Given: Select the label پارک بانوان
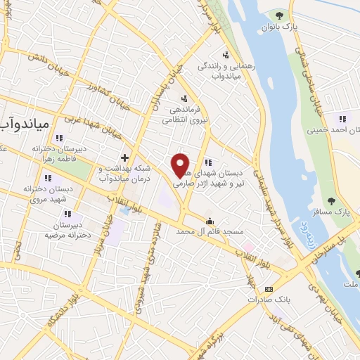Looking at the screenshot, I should click(281, 27).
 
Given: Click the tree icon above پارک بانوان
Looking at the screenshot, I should click(281, 15).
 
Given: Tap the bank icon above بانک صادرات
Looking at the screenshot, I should click(268, 289).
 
